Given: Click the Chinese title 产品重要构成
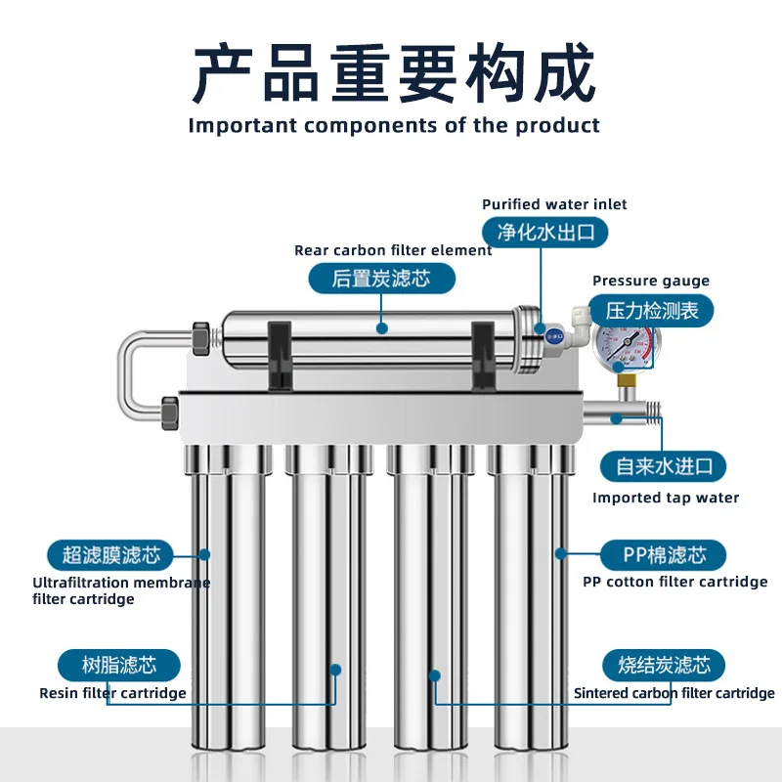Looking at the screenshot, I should tap(392, 73).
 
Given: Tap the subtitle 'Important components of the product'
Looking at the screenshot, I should tap(394, 125).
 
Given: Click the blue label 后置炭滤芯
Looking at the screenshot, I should tap(381, 279).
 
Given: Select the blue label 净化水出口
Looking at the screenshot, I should tap(545, 232).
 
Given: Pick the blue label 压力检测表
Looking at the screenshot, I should tap(653, 311).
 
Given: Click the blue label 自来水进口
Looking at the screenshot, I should tap(664, 465).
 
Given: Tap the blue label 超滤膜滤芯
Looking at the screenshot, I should tap(110, 555).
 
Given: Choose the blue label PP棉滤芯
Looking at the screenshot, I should tap(664, 555).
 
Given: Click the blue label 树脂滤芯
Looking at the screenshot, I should tap(119, 666).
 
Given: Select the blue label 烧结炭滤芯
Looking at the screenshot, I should tap(663, 666).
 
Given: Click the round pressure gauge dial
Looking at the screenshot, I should tap(627, 347).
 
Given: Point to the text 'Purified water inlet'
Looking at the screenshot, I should tap(554, 204).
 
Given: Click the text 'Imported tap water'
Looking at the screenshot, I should tap(665, 498).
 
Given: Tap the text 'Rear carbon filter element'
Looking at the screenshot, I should tap(393, 250).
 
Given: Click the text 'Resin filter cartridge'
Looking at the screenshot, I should tap(112, 693).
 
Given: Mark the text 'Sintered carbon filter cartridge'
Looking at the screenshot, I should tap(673, 693).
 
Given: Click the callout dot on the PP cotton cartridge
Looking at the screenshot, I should tap(560, 553).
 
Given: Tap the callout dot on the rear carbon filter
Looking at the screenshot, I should tap(381, 328).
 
